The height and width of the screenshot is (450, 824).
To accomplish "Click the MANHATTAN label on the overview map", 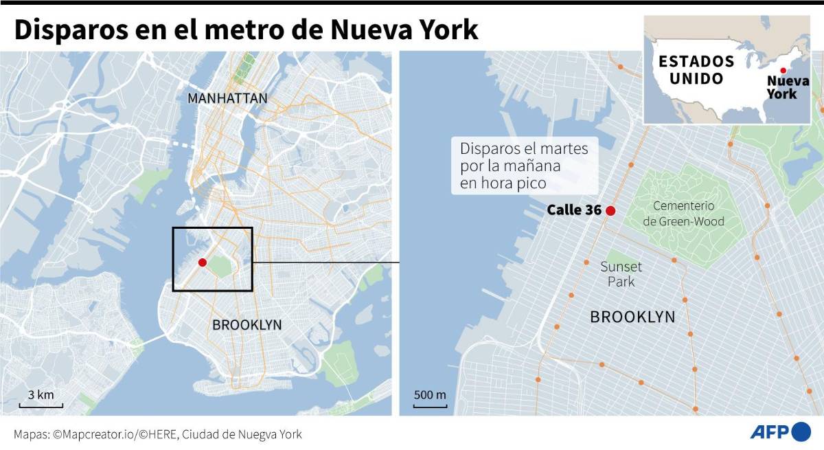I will (x=227, y=99).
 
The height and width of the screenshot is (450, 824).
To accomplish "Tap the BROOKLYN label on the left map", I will (x=247, y=325).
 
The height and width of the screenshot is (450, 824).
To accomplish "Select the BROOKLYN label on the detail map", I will (x=632, y=317).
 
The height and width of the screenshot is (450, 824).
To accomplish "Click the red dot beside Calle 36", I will (x=610, y=211).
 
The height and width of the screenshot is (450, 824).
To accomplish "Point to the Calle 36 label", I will (x=574, y=211).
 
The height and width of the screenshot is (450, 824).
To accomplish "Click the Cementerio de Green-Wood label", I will (x=683, y=213).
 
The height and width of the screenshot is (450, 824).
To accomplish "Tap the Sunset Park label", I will (x=621, y=274).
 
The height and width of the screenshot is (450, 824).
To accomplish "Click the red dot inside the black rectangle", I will (x=202, y=262).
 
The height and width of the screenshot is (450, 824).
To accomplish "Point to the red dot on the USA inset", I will (x=783, y=70).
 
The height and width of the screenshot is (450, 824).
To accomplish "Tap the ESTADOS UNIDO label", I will (x=696, y=69).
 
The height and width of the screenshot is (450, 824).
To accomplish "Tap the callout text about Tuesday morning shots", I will (x=524, y=166).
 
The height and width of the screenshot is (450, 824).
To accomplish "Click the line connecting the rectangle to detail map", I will (x=326, y=262).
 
